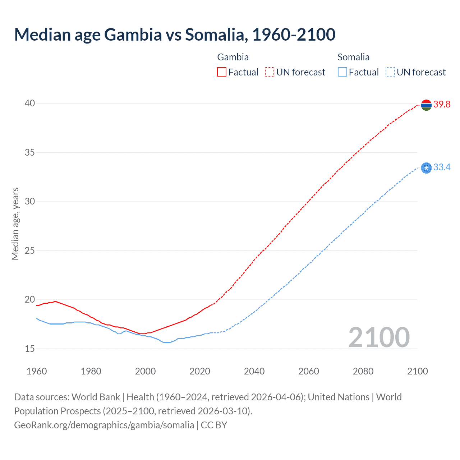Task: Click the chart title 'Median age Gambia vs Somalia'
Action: [x=175, y=34]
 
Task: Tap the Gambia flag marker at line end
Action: [x=426, y=105]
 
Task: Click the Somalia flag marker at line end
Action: [x=426, y=168]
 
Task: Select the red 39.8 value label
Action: [x=442, y=105]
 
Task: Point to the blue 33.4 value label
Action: [x=442, y=167]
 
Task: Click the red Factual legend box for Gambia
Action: [x=222, y=72]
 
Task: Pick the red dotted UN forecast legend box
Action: [x=270, y=72]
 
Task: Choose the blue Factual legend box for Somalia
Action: [x=342, y=72]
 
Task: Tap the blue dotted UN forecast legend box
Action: [x=390, y=72]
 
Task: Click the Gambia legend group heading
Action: [x=233, y=57]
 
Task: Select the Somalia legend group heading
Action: [x=353, y=57]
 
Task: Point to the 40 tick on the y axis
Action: [x=30, y=103]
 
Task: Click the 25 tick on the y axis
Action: [x=30, y=250]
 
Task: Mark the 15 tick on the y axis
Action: [x=30, y=349]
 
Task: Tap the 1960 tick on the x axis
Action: [x=37, y=371]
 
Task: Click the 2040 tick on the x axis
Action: [x=254, y=371]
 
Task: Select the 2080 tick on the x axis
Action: [x=363, y=371]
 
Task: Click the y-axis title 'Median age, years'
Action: [x=15, y=224]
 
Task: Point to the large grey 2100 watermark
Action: [x=379, y=337]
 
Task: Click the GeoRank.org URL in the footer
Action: [x=104, y=425]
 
